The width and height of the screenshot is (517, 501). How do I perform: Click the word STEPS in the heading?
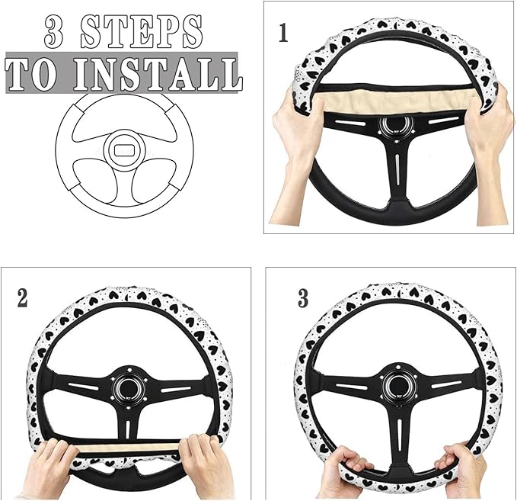[145, 33]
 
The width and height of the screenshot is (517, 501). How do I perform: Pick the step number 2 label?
[22, 297]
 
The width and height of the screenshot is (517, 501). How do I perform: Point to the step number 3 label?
[303, 298]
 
